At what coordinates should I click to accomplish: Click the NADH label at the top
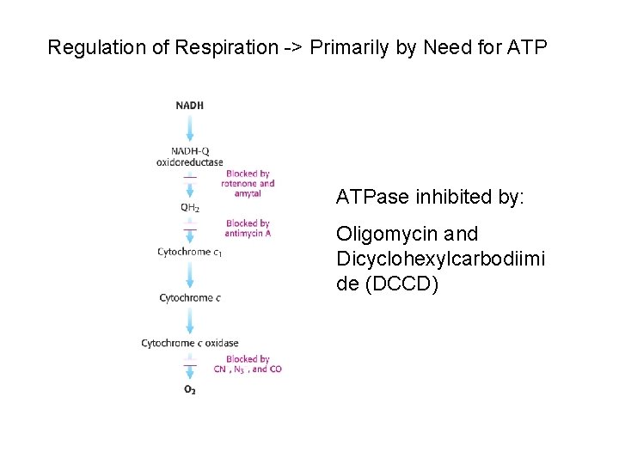(190, 106)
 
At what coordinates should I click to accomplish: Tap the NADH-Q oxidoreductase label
(190, 156)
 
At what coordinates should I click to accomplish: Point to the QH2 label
(190, 207)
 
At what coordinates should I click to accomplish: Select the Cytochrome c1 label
(190, 252)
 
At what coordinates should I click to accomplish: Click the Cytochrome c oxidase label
(190, 344)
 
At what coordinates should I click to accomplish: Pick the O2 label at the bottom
(190, 390)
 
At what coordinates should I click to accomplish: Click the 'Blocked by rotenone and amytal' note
(248, 183)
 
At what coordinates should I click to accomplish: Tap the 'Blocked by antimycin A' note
(248, 228)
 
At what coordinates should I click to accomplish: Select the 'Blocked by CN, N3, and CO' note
(248, 364)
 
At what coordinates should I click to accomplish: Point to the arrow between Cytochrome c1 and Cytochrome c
(190, 274)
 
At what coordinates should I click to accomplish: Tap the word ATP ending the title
(527, 47)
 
